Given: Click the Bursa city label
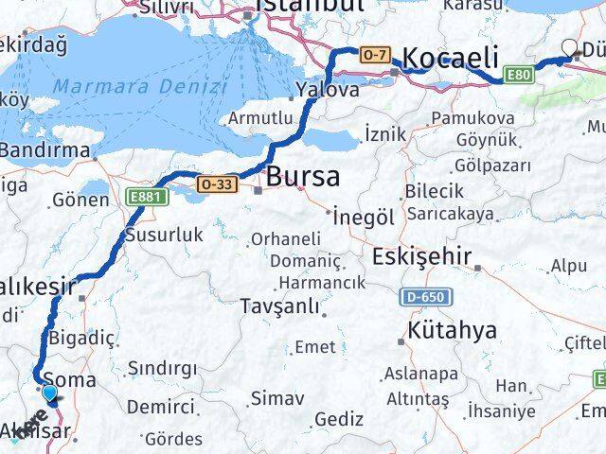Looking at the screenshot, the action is [x=303, y=177].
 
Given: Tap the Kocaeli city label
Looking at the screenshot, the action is [x=451, y=59].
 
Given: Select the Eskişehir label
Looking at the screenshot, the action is [x=422, y=257].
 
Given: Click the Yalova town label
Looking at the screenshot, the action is [x=327, y=91].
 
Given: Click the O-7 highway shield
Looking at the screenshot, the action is [x=374, y=57].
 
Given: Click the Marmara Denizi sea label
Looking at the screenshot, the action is [x=140, y=87].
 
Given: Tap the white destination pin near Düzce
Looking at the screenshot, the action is [x=570, y=48].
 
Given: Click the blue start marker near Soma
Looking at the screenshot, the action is [x=50, y=393].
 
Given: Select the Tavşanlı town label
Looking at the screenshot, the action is [x=275, y=306].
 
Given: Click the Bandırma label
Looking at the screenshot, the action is [x=44, y=149].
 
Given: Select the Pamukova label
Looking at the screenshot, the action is [x=472, y=118].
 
